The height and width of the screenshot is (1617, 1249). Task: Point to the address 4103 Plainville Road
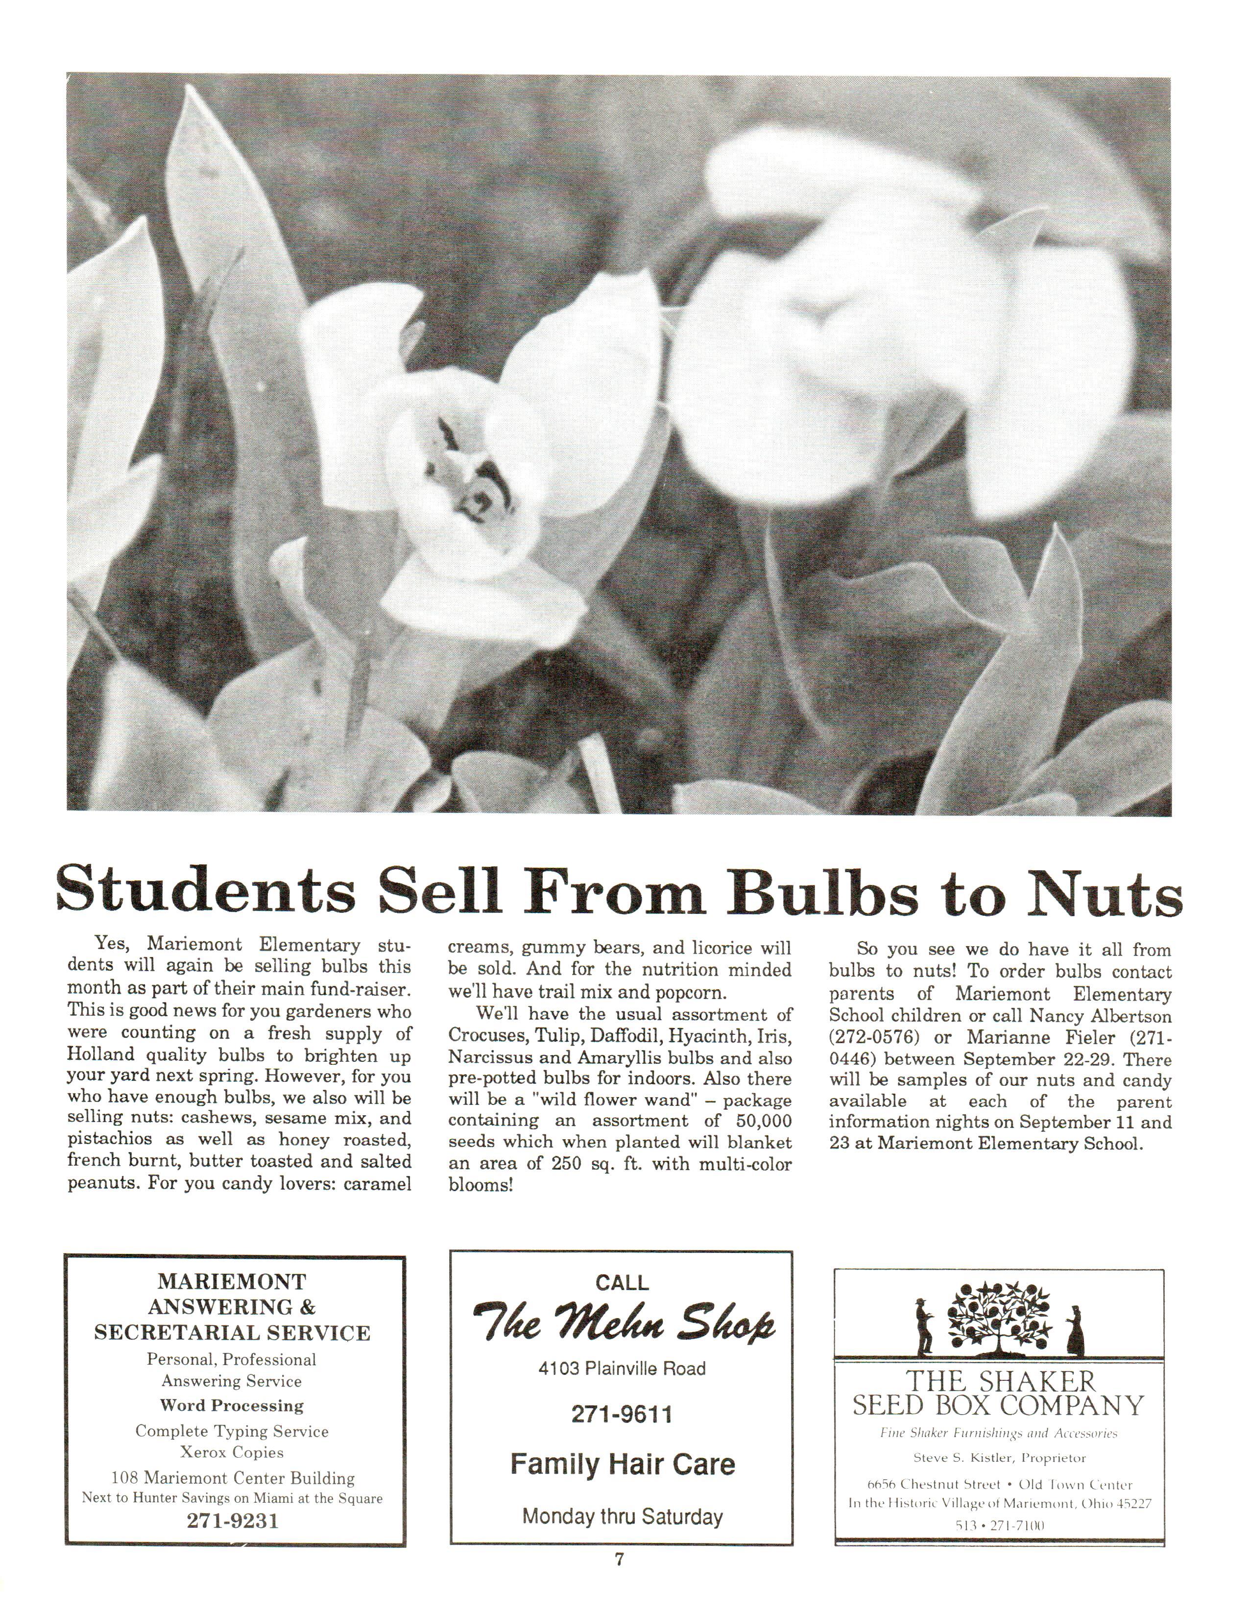(x=622, y=1368)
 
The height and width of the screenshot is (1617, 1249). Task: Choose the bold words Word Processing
(x=232, y=1405)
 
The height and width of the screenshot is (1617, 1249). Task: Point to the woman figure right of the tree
(x=1074, y=1328)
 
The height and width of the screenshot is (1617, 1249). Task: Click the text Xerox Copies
(x=232, y=1452)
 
